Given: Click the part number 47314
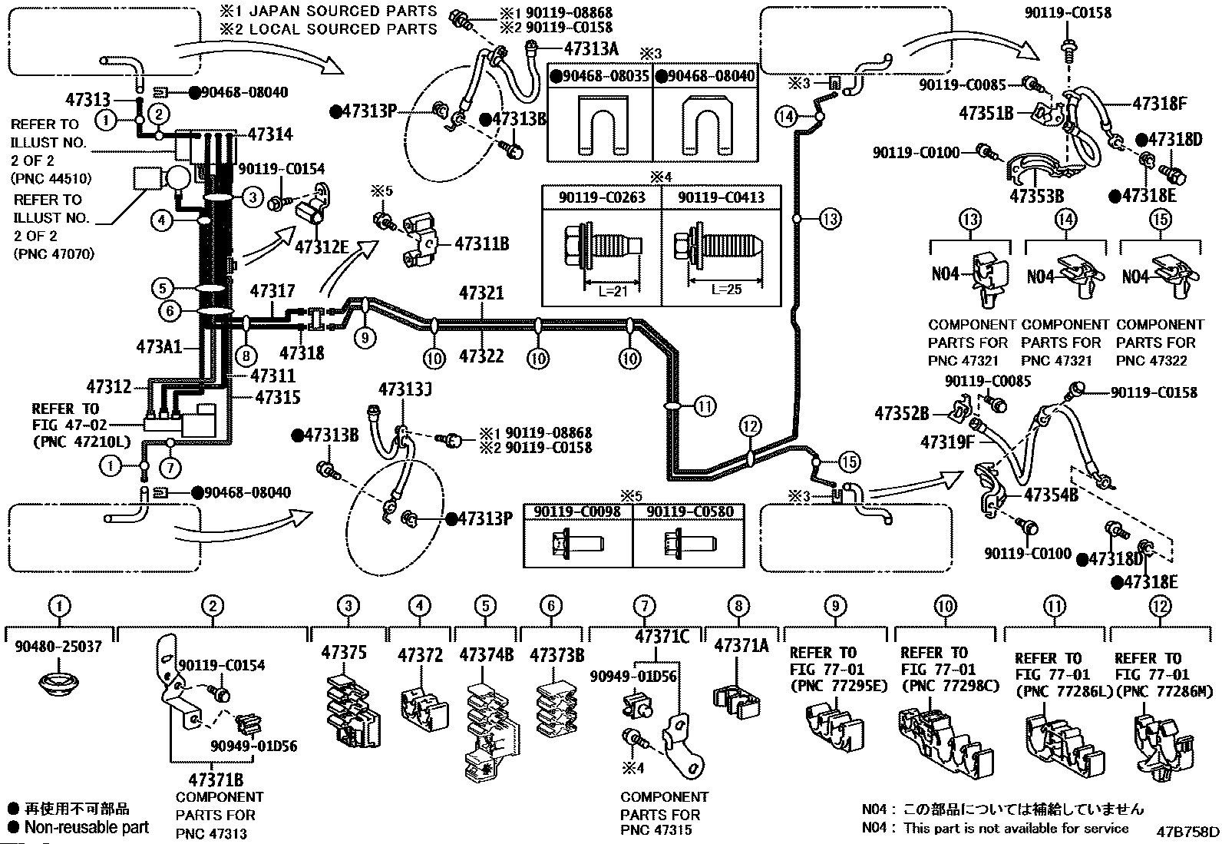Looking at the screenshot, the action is coord(271,134).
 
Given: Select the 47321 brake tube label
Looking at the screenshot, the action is coord(481,293).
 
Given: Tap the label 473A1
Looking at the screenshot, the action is coord(159,346).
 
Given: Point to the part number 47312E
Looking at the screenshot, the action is coord(322,247).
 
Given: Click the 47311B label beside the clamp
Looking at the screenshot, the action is coord(482,243).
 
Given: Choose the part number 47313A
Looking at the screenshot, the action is coord(591,48).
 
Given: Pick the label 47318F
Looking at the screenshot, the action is coord(1160,103).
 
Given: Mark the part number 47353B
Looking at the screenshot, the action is coord(1036,196).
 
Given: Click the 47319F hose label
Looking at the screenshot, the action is coord(947,442).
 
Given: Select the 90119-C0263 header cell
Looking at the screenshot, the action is coord(602,197).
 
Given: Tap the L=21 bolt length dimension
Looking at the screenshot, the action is coord(613,291).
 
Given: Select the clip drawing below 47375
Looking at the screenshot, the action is coord(353,712).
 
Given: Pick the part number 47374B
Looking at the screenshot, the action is coord(486,654).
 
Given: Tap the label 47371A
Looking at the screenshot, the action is coord(741,646).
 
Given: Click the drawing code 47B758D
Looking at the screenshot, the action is coord(1187,832).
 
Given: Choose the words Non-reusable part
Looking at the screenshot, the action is coord(87,827).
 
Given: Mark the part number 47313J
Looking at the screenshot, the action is coord(405,389).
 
